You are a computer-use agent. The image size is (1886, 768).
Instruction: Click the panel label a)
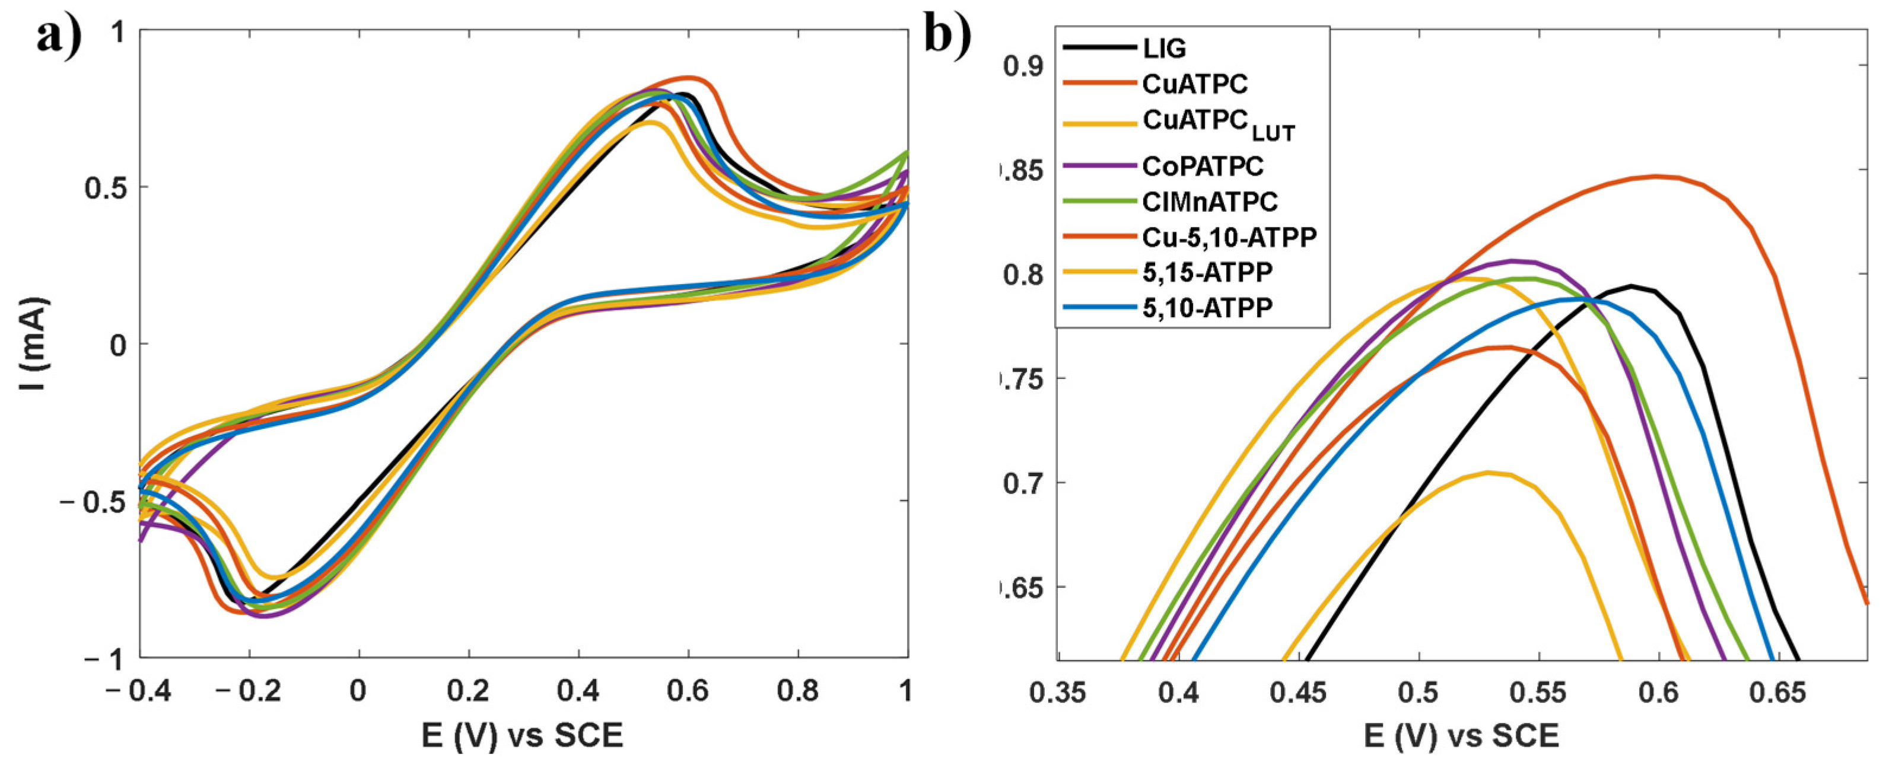point(59,35)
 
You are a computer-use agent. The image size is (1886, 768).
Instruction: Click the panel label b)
point(947,34)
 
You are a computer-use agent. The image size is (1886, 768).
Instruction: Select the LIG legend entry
point(1164,49)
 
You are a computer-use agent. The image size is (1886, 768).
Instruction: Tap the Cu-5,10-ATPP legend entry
point(1229,237)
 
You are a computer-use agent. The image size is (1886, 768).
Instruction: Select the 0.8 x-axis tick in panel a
point(797,691)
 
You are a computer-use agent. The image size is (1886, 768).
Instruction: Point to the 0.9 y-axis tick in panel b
point(1023,66)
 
